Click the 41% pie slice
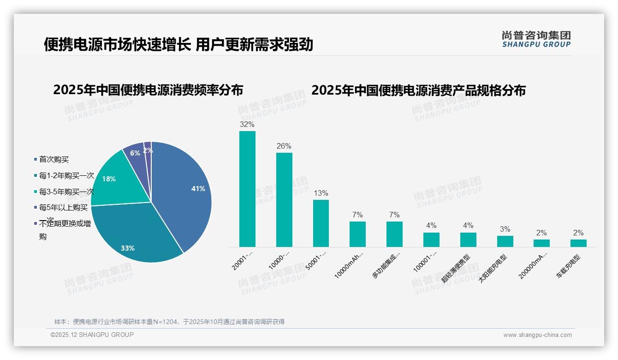coord(184,194)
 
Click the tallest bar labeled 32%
coord(247,189)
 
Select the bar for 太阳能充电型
coord(505,241)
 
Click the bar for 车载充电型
coord(578,243)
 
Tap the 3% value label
coord(505,229)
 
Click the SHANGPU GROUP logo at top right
coord(536,39)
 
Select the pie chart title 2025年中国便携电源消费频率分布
coord(148,90)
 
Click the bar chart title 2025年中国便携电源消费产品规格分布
coord(418,90)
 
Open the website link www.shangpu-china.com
coord(537,335)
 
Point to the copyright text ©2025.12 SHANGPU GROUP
coord(92,335)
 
